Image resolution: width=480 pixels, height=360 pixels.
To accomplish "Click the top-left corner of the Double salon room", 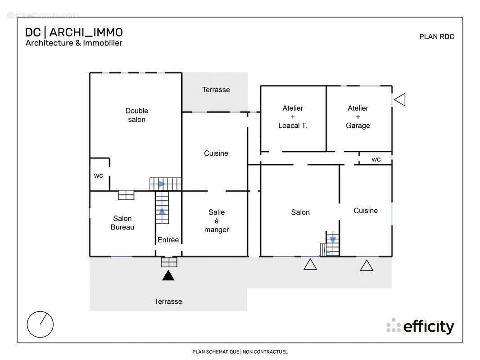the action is point(90,73).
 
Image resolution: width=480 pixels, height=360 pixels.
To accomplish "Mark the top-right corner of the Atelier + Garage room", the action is point(392,86).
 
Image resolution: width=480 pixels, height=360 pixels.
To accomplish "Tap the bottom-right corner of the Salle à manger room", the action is point(247,256).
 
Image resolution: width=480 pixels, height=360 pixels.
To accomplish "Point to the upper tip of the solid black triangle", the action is point(168,270).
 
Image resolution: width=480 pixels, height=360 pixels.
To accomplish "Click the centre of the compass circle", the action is point(40,324).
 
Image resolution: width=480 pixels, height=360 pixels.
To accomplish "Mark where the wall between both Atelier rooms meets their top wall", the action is point(326,86).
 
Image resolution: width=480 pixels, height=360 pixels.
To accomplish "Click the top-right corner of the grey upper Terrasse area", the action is point(248,72).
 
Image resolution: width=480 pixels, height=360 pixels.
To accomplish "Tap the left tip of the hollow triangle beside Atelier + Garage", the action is point(394,99).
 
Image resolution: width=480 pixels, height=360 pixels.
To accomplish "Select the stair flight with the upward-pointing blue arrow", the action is point(162,207).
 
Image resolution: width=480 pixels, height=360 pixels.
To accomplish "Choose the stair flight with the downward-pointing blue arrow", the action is point(333,244).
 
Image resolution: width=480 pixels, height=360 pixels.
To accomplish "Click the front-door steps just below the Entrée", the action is point(169,262).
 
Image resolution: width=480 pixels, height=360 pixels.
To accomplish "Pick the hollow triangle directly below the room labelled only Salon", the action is point(310,264).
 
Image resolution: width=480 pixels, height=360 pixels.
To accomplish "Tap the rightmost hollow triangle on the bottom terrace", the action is point(367,265).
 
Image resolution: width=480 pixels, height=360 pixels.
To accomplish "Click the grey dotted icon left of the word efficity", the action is point(394,325).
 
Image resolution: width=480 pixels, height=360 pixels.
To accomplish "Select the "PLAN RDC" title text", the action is point(436,37).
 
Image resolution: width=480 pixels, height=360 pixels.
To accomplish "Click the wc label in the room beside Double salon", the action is point(99,175).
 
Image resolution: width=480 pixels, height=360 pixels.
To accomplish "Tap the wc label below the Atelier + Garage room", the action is point(376,159).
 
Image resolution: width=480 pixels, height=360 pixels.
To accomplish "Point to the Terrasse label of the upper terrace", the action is point(216,90).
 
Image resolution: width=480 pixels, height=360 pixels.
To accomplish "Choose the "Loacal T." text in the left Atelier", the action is point(293,126).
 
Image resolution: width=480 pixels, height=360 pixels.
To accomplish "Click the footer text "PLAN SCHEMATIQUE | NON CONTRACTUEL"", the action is point(240,352).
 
